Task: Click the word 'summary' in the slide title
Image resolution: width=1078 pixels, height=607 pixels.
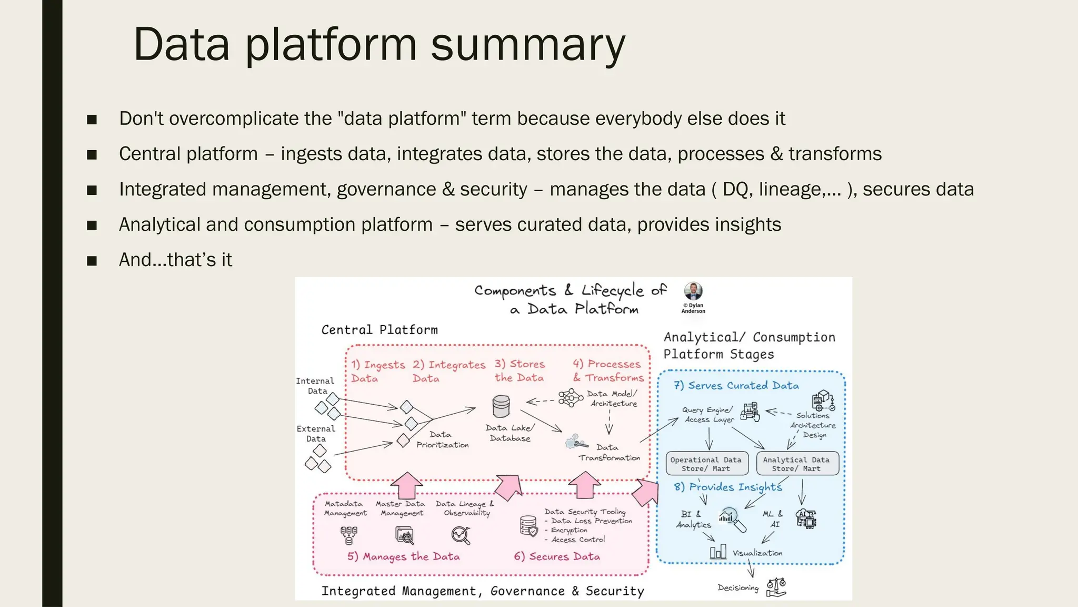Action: pos(528,45)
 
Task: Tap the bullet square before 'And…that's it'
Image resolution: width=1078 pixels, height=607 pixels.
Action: pos(92,260)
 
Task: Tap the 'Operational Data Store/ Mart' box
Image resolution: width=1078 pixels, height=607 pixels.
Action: pos(705,464)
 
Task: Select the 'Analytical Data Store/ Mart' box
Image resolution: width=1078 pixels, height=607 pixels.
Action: pos(796,464)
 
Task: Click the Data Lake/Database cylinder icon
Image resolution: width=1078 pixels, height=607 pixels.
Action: pos(501,406)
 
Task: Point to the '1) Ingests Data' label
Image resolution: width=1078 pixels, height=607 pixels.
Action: pos(378,371)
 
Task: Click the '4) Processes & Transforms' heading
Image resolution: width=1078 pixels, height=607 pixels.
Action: pos(608,370)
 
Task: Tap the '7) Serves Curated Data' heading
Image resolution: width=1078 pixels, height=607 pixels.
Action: pos(736,385)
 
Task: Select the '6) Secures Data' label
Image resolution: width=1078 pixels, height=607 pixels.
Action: pos(557,556)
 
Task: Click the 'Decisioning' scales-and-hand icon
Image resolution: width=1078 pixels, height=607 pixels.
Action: pos(776,587)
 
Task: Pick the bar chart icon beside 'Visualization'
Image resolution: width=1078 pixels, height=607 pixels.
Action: pos(718,552)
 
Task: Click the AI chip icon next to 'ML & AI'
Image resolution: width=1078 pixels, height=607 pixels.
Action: pos(806,518)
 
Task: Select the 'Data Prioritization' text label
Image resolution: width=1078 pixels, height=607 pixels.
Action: pos(442,439)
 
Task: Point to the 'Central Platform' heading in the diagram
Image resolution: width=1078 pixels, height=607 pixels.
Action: pos(380,330)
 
